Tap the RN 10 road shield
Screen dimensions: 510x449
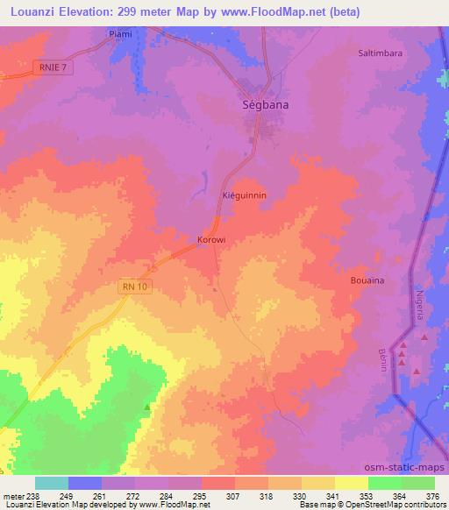(132, 286)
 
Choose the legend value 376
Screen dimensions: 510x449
(433, 495)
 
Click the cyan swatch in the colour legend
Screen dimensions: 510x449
(52, 483)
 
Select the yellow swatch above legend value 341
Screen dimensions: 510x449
(317, 483)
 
